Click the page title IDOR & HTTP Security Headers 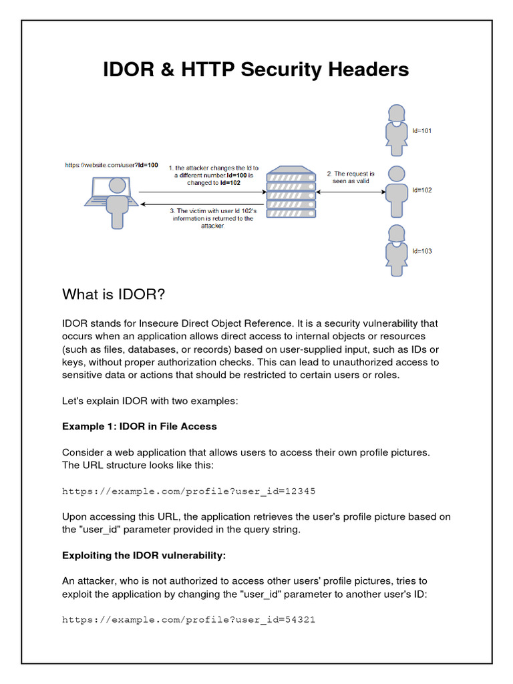tap(256, 69)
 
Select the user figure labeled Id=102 tap(396, 190)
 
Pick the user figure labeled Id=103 tap(396, 252)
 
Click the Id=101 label tap(422, 131)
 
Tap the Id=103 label tap(422, 251)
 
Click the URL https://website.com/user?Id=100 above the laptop tap(112, 164)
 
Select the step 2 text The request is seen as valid tap(351, 177)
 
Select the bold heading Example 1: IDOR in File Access tap(140, 426)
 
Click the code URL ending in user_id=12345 tap(188, 491)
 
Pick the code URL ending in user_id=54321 tap(188, 619)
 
